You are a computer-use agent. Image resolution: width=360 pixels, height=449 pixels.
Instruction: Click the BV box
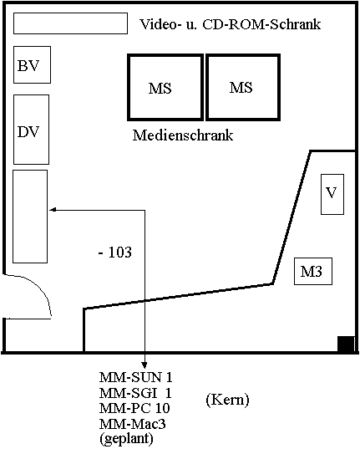click(x=32, y=64)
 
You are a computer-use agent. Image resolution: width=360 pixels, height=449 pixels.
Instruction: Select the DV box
click(x=31, y=130)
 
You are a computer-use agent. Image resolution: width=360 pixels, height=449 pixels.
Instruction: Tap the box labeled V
click(x=332, y=194)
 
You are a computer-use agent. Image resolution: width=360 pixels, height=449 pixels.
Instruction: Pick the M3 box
click(x=313, y=271)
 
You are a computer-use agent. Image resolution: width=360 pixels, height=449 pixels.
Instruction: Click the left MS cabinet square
click(x=165, y=87)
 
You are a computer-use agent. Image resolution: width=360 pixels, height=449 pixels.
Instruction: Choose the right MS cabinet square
click(x=243, y=87)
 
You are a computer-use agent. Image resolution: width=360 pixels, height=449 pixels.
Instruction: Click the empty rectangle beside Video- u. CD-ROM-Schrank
click(x=70, y=23)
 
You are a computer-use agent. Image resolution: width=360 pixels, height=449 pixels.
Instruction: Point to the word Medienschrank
click(x=183, y=135)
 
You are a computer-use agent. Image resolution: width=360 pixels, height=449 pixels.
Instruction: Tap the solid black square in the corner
click(x=346, y=344)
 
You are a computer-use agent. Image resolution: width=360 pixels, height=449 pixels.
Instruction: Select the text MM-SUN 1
click(x=135, y=377)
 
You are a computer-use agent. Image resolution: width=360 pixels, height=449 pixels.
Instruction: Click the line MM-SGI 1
click(x=135, y=393)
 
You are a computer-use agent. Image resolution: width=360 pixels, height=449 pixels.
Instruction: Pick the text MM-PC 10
click(x=134, y=408)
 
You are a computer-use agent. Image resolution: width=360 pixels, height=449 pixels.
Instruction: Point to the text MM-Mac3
click(x=132, y=424)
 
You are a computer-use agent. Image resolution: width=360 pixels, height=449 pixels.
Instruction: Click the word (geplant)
click(x=126, y=438)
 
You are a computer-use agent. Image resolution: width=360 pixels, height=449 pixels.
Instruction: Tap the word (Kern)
click(x=227, y=400)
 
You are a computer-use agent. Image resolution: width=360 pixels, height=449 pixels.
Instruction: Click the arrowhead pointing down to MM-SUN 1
click(x=145, y=365)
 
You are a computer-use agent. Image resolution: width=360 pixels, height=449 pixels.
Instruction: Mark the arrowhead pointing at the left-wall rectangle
click(x=53, y=210)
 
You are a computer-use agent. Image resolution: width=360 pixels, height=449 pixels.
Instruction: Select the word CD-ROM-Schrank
click(x=261, y=24)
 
